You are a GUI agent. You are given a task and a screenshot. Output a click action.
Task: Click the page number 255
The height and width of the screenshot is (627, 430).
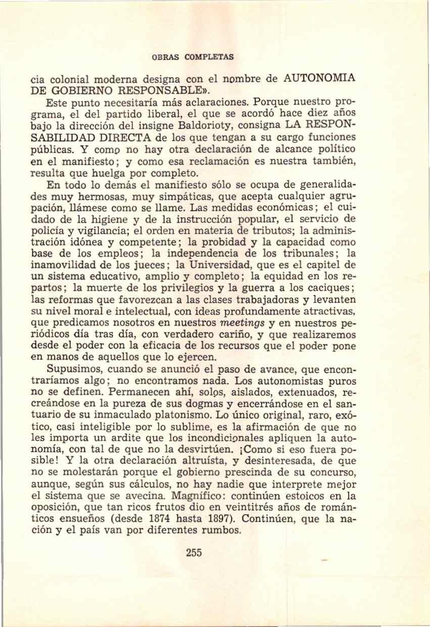click(x=194, y=552)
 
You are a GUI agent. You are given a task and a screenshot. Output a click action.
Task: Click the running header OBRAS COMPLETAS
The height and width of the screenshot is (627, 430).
click(x=193, y=57)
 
